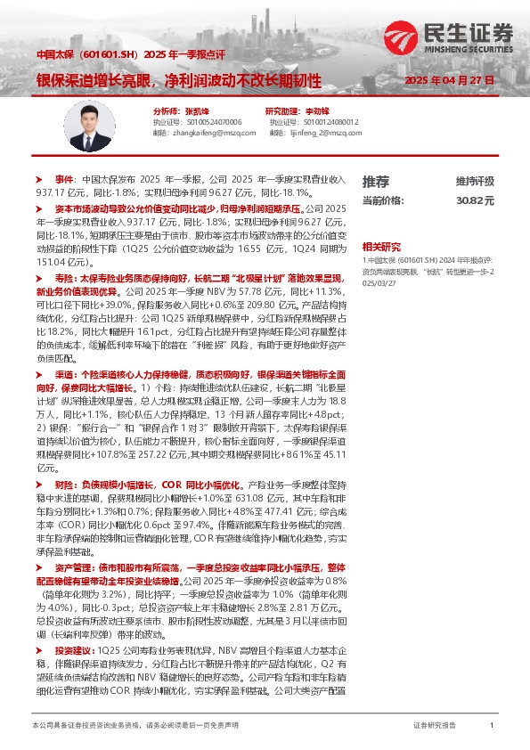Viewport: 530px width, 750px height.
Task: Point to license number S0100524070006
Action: [213, 121]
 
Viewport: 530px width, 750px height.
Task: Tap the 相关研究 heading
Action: [380, 246]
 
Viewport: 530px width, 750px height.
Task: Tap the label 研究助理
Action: [281, 110]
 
